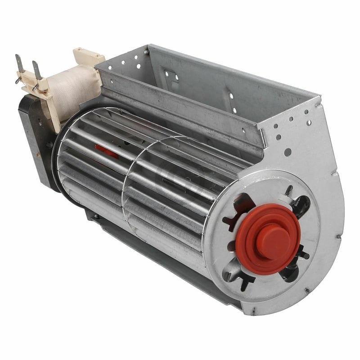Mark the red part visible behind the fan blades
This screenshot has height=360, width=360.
[107, 151]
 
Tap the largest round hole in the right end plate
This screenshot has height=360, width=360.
[287, 152]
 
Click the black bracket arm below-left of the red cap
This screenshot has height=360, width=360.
[238, 279]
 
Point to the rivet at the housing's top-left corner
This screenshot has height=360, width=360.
[146, 53]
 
